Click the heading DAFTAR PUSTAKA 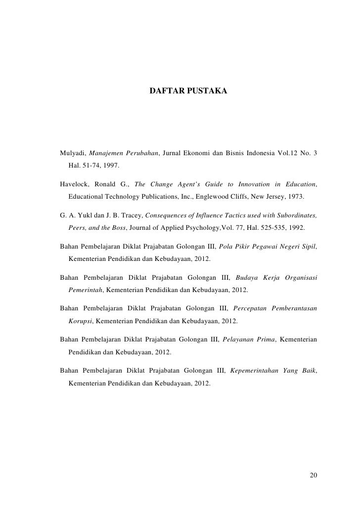(x=188, y=92)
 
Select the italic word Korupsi (x=80, y=321)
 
